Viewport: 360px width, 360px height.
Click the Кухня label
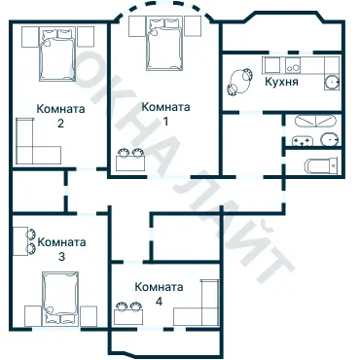(x=281, y=82)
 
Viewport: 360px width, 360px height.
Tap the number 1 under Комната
(x=165, y=122)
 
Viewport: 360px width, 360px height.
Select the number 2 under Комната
(x=60, y=124)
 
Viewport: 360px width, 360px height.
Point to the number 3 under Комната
(x=61, y=257)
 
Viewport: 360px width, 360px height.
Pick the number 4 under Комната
(x=159, y=302)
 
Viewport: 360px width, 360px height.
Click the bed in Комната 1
(x=163, y=44)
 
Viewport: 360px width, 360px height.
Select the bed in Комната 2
(x=57, y=54)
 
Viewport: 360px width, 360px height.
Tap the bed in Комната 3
(x=60, y=299)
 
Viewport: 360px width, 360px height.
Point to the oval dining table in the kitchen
(x=240, y=82)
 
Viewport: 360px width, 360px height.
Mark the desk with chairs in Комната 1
(x=130, y=160)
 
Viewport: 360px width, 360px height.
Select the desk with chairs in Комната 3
(x=24, y=241)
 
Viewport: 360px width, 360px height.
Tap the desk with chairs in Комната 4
(x=128, y=312)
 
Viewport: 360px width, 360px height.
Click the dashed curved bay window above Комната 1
(x=163, y=5)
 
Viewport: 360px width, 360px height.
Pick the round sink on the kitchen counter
(x=332, y=83)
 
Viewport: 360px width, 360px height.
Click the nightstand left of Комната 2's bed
(x=30, y=37)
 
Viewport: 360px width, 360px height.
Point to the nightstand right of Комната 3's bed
(x=89, y=316)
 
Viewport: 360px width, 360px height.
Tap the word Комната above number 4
(x=159, y=287)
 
